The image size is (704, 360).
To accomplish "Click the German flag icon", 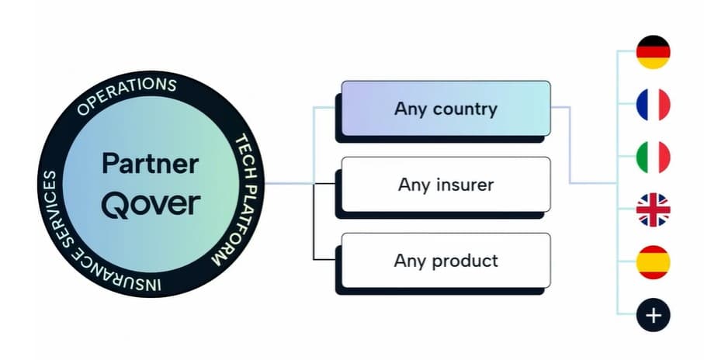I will (x=653, y=52).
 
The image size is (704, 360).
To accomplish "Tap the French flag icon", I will (x=653, y=105).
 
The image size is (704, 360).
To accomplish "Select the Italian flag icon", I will (x=653, y=157).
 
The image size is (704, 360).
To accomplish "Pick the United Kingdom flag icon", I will (x=653, y=209).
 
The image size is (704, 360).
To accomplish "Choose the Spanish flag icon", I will (x=653, y=262).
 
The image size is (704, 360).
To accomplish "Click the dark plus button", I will (x=653, y=315).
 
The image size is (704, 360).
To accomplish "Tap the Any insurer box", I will (x=446, y=185).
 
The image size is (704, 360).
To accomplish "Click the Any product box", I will (x=446, y=260).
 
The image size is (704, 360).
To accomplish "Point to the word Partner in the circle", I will (x=151, y=164).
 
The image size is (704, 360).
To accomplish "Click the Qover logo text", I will (x=151, y=203).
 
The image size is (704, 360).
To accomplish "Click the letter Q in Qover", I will (x=114, y=203).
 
